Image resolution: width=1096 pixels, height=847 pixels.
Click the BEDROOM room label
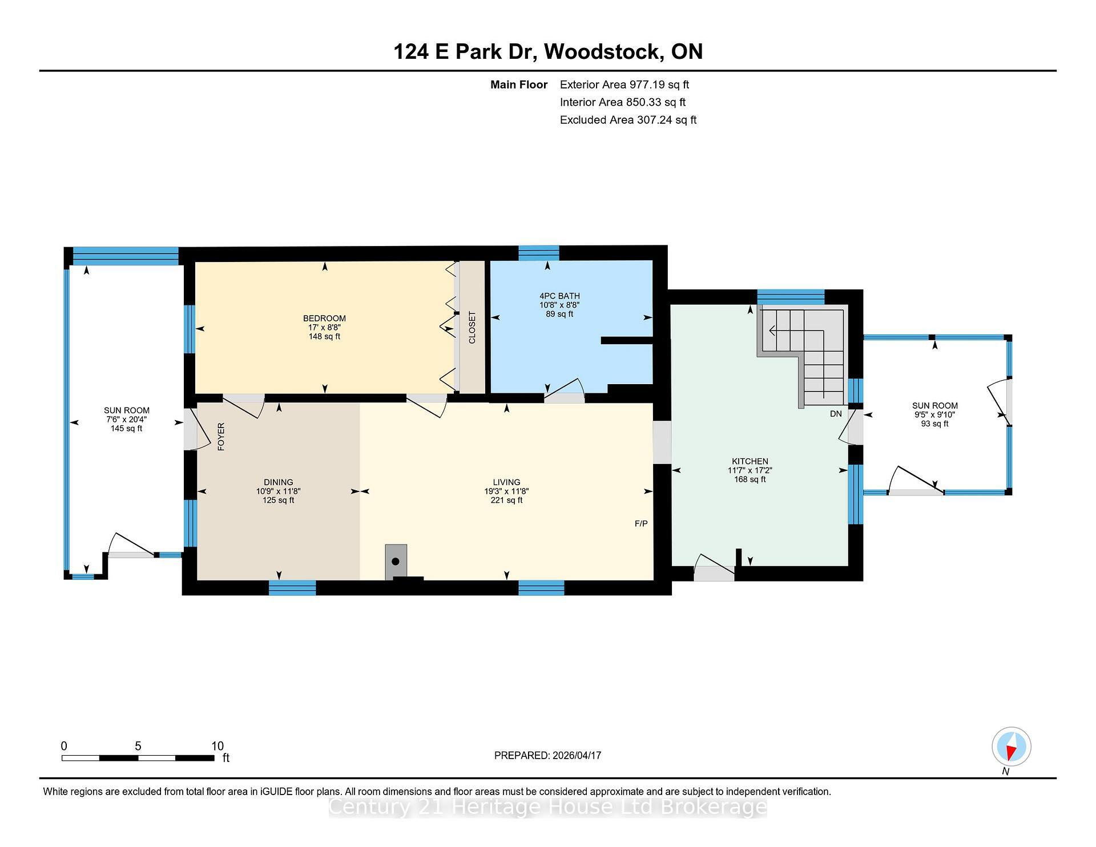(324, 318)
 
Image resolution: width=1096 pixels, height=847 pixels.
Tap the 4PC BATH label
(559, 296)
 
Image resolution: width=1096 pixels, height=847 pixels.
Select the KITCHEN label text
(750, 461)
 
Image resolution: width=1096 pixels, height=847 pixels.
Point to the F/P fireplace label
(641, 523)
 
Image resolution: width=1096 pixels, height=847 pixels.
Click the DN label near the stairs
(836, 414)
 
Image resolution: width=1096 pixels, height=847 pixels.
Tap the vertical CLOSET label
(472, 328)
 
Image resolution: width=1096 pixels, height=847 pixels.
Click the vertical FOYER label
(221, 437)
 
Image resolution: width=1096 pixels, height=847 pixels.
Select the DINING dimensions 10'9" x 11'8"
(278, 491)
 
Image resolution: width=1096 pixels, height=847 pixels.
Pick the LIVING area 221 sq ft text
(506, 501)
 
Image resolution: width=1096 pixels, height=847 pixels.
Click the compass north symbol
(1011, 747)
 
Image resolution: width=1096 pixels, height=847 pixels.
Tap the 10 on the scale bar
(217, 746)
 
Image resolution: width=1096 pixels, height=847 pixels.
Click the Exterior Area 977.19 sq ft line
(624, 84)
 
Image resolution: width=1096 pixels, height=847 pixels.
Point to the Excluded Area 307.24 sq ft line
(628, 120)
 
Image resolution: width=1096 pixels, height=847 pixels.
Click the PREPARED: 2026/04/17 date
(547, 755)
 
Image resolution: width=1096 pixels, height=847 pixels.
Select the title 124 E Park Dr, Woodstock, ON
(547, 52)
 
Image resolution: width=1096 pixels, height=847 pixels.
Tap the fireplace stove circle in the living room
(396, 562)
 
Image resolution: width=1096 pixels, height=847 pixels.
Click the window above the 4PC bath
(538, 252)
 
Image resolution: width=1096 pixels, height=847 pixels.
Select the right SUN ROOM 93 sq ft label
(934, 424)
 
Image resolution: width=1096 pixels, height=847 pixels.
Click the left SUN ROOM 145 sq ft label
(126, 428)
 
